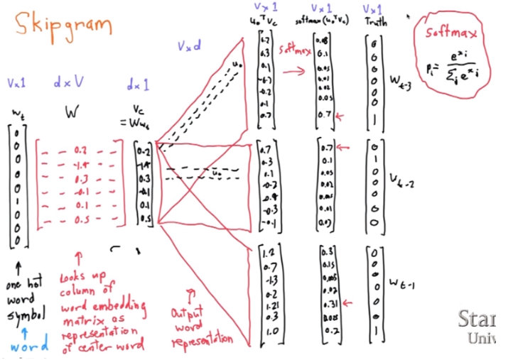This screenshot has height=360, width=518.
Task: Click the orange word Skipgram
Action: click(x=60, y=26)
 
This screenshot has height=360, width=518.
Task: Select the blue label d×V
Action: click(x=68, y=82)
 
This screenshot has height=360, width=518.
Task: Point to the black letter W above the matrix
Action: click(x=70, y=113)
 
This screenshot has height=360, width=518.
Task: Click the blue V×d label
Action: click(x=189, y=45)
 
